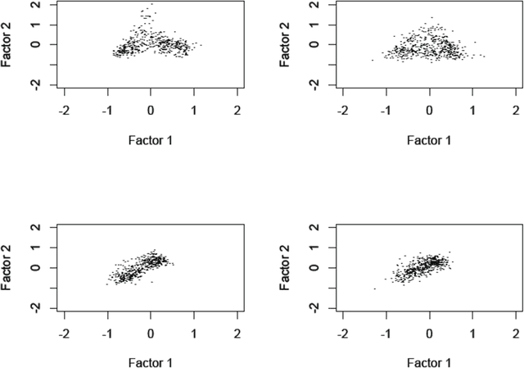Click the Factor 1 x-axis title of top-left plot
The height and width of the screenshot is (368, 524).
point(150,140)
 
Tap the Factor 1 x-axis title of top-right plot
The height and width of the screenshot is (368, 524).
point(429,140)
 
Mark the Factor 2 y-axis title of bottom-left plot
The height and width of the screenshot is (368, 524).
point(7,266)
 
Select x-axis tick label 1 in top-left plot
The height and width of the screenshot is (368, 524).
point(194,110)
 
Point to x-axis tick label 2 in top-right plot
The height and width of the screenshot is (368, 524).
point(516,110)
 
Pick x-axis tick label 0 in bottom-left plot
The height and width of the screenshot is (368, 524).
point(151,333)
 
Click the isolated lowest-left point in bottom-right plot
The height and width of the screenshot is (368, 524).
point(375,288)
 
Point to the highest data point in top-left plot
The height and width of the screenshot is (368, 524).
point(151,4)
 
